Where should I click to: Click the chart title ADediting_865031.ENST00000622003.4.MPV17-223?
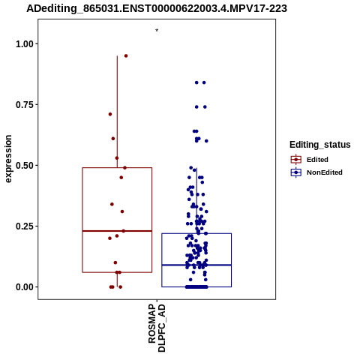[x=157, y=9]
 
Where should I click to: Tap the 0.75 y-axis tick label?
[x=25, y=105]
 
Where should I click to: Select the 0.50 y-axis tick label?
[x=25, y=166]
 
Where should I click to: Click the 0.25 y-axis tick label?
[x=25, y=226]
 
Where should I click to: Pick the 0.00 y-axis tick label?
[x=25, y=287]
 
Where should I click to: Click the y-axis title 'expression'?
[x=8, y=159]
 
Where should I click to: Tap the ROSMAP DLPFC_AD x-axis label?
[x=157, y=328]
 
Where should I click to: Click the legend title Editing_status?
[x=320, y=145]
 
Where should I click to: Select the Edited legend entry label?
[x=317, y=160]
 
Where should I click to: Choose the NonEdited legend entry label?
[x=325, y=172]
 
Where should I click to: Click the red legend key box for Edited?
[x=296, y=160]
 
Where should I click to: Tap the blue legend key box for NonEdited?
[x=296, y=172]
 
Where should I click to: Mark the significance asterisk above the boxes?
[x=157, y=31]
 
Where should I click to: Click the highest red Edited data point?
[x=126, y=55]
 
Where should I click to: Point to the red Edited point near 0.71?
[x=110, y=114]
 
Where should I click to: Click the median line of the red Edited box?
[x=117, y=231]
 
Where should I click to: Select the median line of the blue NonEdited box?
[x=196, y=265]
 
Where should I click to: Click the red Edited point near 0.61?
[x=113, y=139]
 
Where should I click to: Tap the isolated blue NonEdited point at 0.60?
[x=206, y=141]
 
